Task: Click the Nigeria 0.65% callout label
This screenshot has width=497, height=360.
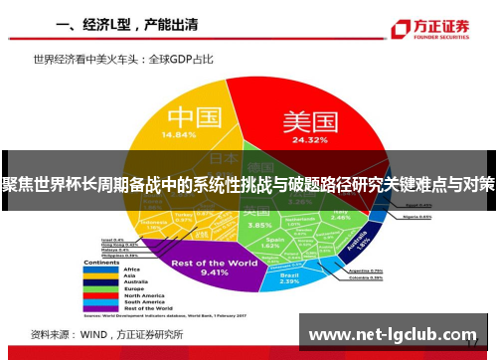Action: coord(418,216)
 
